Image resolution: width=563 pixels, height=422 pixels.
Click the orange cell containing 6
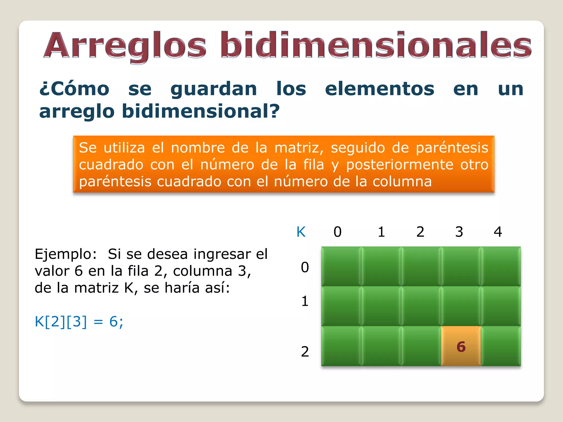tap(461, 346)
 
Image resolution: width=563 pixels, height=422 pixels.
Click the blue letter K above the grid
tap(301, 232)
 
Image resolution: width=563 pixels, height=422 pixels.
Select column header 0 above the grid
tap(338, 232)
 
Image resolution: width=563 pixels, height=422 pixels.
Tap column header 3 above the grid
tap(459, 232)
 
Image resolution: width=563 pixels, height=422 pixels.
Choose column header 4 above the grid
tap(498, 232)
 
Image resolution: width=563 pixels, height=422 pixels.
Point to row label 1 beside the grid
tap(305, 301)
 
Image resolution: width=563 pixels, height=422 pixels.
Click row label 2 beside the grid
tap(305, 352)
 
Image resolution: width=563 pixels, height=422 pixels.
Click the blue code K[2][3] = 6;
tap(79, 321)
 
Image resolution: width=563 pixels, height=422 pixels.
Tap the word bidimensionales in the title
tap(376, 45)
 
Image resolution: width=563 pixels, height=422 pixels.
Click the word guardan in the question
tap(214, 89)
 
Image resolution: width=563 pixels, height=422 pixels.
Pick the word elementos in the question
tap(380, 89)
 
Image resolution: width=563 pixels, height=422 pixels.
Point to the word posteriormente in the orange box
tap(399, 165)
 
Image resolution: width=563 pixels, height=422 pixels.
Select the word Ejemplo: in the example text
tap(66, 254)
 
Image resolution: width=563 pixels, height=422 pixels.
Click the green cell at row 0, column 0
tap(341, 266)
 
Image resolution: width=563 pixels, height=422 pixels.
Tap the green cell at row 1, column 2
tap(421, 306)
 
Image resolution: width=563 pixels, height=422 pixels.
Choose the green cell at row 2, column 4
tap(501, 346)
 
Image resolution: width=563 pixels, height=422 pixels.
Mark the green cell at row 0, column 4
tap(501, 266)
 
